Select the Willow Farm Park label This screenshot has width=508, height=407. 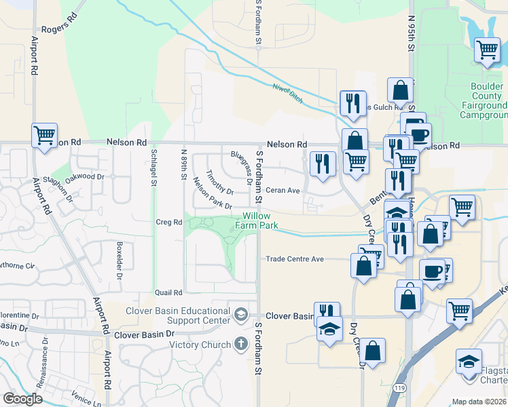(x=257, y=220)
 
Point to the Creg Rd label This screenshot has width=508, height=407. (x=169, y=222)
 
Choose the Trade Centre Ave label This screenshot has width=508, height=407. (x=294, y=259)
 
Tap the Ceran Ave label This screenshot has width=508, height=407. (x=283, y=191)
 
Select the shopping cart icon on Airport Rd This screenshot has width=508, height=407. (x=44, y=135)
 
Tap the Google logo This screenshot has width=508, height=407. (x=22, y=399)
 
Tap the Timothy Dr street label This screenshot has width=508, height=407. (x=220, y=181)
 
